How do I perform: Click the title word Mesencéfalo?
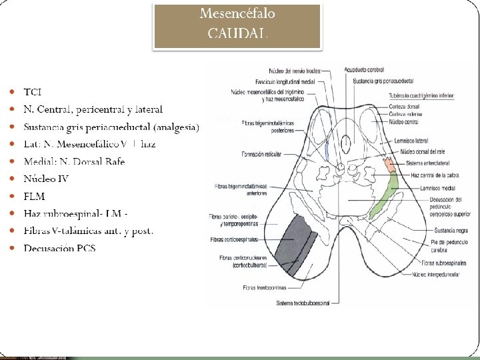pyautogui.click(x=238, y=14)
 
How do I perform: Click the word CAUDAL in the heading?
pyautogui.click(x=238, y=33)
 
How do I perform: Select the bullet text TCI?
pyautogui.click(x=32, y=91)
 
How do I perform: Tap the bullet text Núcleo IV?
pyautogui.click(x=46, y=179)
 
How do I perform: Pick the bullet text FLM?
pyautogui.click(x=34, y=196)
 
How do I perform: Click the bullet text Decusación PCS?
pyautogui.click(x=59, y=248)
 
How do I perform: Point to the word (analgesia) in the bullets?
pyautogui.click(x=175, y=127)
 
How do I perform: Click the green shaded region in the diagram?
pyautogui.click(x=386, y=194)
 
